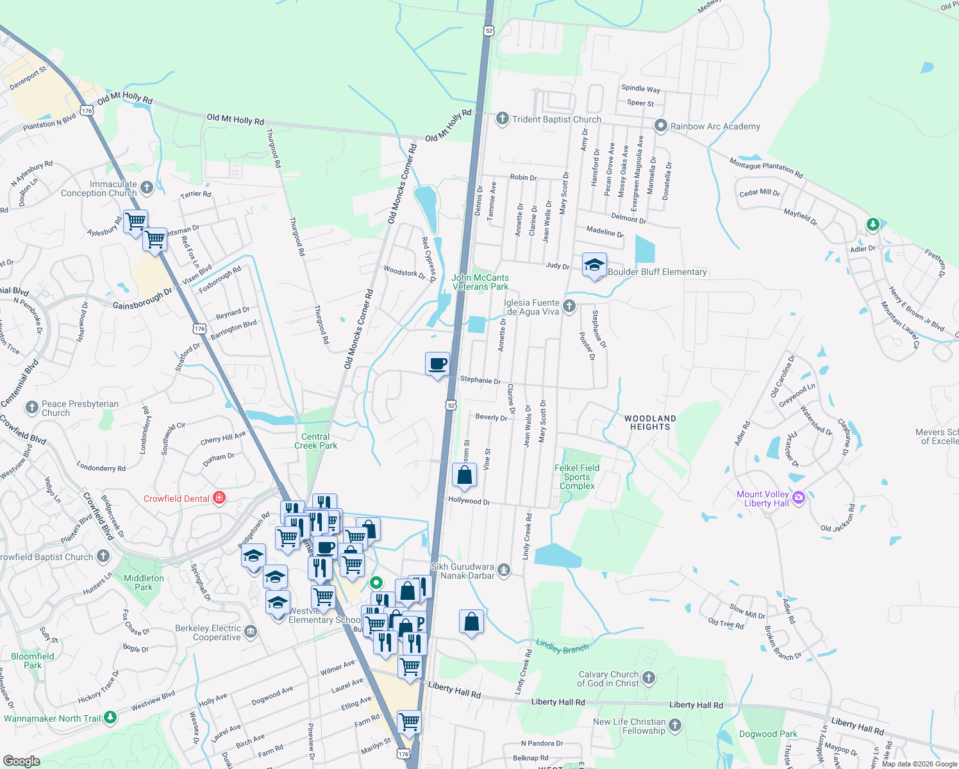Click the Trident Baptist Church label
[556, 119]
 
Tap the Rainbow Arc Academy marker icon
[660, 126]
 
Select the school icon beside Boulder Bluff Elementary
[594, 265]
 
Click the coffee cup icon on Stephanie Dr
[438, 365]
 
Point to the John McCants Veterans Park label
[480, 282]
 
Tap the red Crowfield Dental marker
[219, 499]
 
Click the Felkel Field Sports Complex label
[577, 477]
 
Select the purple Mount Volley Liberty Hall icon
[799, 498]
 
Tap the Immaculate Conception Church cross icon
[147, 187]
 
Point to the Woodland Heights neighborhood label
[650, 422]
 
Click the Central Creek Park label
[315, 441]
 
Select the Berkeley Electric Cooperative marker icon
[251, 632]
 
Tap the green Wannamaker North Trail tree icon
[110, 717]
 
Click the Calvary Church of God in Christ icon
[649, 678]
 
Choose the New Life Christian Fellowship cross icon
[675, 725]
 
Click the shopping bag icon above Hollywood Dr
[465, 476]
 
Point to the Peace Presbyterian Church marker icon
[31, 408]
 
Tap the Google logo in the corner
[21, 761]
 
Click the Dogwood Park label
[768, 734]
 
